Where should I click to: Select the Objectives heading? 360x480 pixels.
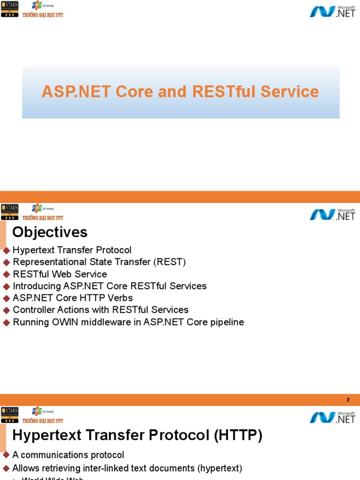[x=50, y=232]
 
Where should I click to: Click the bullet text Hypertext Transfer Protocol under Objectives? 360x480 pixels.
[x=72, y=250]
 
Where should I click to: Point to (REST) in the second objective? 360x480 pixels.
[x=170, y=262]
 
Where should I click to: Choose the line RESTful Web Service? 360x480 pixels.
[x=60, y=274]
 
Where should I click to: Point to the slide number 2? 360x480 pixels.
[x=348, y=400]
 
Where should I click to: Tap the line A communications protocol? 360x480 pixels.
[x=68, y=455]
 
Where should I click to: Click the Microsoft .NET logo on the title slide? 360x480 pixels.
[x=332, y=11]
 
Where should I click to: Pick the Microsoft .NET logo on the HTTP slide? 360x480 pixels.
[x=332, y=417]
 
